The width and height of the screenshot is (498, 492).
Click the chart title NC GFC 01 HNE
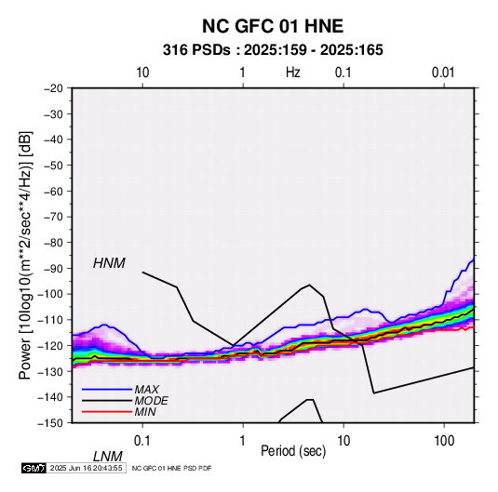273,26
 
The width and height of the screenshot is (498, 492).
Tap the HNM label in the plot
109,263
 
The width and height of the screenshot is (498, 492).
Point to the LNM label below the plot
108,457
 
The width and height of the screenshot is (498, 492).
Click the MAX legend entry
146,390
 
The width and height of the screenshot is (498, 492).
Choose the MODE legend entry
151,401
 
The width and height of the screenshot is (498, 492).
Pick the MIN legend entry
145,412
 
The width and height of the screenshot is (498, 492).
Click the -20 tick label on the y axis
53,88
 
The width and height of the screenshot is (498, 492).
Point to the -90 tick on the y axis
53,269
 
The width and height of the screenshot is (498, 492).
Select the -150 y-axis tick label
50,423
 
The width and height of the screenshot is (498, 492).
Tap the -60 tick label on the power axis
53,192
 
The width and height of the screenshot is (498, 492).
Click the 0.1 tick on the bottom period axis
141,441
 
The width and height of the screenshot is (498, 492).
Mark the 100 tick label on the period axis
444,441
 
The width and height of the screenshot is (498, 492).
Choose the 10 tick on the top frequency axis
142,73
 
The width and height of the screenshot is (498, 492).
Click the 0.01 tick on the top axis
443,73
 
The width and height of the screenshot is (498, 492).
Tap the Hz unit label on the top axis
293,73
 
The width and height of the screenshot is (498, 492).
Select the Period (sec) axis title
293,451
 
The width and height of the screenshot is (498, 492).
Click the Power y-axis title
25,256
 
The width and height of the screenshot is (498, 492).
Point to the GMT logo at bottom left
34,468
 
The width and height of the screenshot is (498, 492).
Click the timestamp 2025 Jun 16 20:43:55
87,468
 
